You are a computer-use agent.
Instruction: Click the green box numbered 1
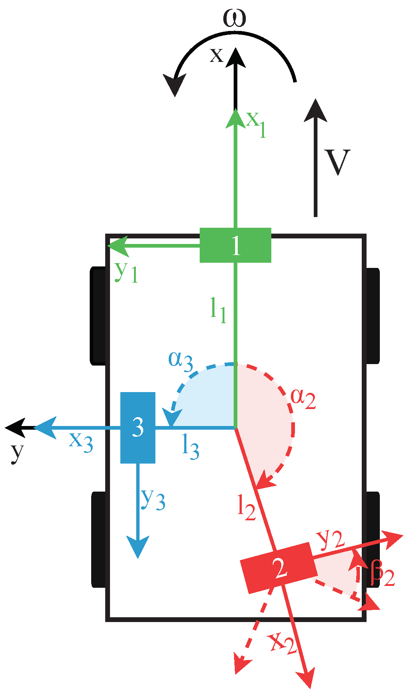click(x=236, y=245)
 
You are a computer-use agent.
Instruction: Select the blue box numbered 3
click(x=138, y=427)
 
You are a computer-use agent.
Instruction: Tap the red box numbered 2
click(x=279, y=568)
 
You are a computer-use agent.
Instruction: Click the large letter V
click(x=337, y=162)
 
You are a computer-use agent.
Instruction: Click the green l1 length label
click(x=218, y=311)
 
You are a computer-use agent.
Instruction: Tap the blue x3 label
click(x=81, y=441)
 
